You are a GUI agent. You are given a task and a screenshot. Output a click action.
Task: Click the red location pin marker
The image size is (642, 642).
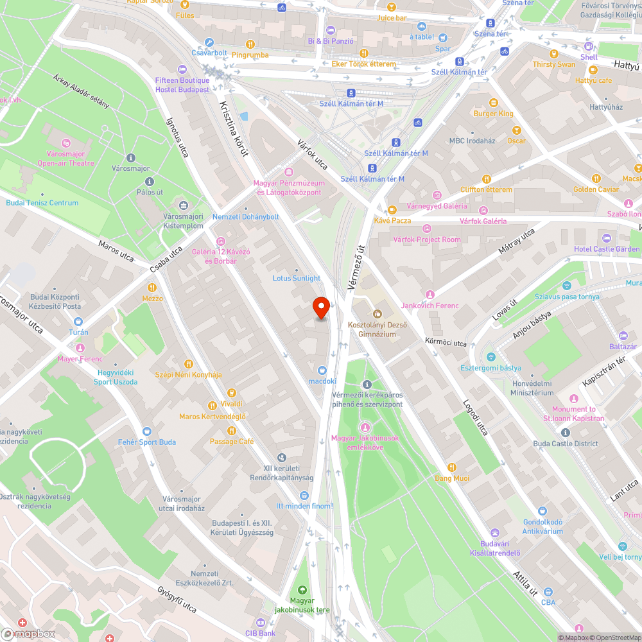[x=321, y=308]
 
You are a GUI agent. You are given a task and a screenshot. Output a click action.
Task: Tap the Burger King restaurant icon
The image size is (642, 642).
[x=494, y=103]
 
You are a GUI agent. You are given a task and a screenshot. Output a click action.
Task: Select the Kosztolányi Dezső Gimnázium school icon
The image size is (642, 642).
[x=377, y=314]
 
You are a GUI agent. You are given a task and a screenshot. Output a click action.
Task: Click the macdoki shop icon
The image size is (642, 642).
[x=322, y=370]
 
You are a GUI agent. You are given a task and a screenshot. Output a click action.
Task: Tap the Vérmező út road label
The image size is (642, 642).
[x=355, y=261]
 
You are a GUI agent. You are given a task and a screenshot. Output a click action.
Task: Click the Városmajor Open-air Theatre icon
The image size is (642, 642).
[x=67, y=142]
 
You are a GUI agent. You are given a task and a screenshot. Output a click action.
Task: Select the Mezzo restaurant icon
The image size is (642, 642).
[x=152, y=288]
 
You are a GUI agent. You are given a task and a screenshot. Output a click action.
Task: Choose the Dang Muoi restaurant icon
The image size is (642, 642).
[x=452, y=467]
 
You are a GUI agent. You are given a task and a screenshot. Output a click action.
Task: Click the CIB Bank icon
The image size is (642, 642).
[x=261, y=623]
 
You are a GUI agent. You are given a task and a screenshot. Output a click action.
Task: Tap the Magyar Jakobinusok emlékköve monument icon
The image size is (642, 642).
[x=365, y=427]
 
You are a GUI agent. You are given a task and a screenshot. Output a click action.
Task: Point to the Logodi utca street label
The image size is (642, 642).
[x=475, y=417]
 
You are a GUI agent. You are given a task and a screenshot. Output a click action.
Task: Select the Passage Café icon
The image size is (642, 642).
[x=232, y=430]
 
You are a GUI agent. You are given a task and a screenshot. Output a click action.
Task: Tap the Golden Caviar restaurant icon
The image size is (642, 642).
[x=596, y=178]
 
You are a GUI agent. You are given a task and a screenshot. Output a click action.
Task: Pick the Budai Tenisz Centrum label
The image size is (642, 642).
[x=42, y=203]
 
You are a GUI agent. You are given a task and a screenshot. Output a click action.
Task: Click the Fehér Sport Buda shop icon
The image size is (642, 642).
[x=147, y=431]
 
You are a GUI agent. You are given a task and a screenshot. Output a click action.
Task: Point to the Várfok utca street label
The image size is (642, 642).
[x=313, y=153]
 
